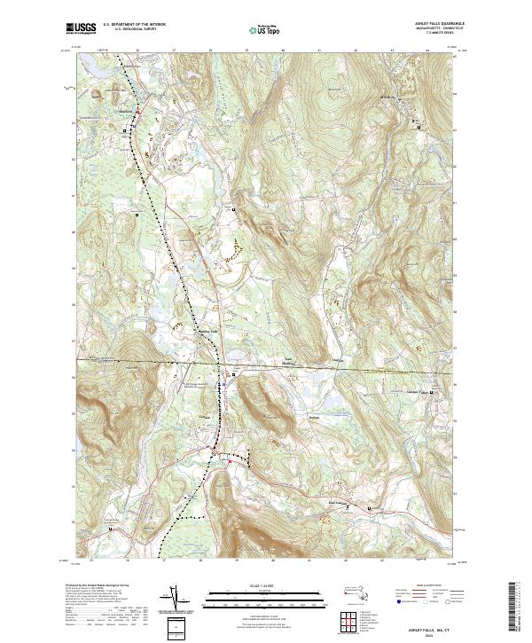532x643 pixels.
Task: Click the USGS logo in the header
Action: [x=81, y=29]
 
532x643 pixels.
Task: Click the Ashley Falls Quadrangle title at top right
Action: [x=440, y=25]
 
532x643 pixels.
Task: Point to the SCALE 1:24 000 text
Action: [x=249, y=586]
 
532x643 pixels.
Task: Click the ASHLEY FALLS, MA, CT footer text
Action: [x=434, y=626]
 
